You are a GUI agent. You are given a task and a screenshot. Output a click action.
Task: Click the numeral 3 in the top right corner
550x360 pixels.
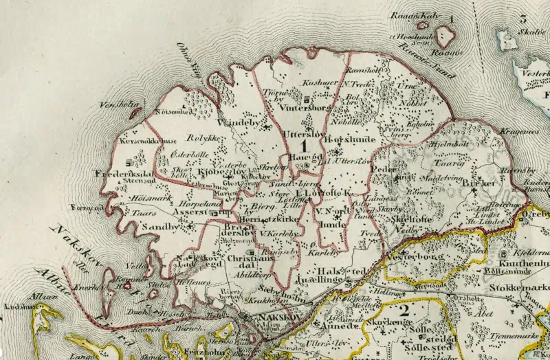(x=523, y=19)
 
